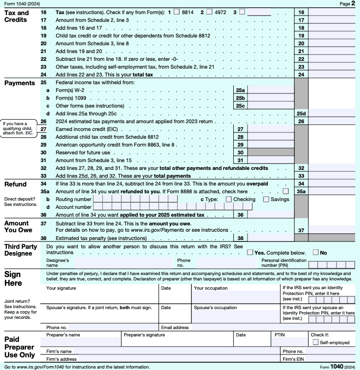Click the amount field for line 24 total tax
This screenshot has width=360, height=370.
coord(334,74)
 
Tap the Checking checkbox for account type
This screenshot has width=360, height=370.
coord(228,199)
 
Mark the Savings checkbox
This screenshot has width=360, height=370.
coord(266,199)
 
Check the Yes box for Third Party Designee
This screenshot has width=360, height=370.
coord(250,252)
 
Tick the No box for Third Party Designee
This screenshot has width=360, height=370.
coord(316,252)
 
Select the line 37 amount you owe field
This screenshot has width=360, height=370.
coord(334,229)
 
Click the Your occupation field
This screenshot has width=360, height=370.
coord(236,297)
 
